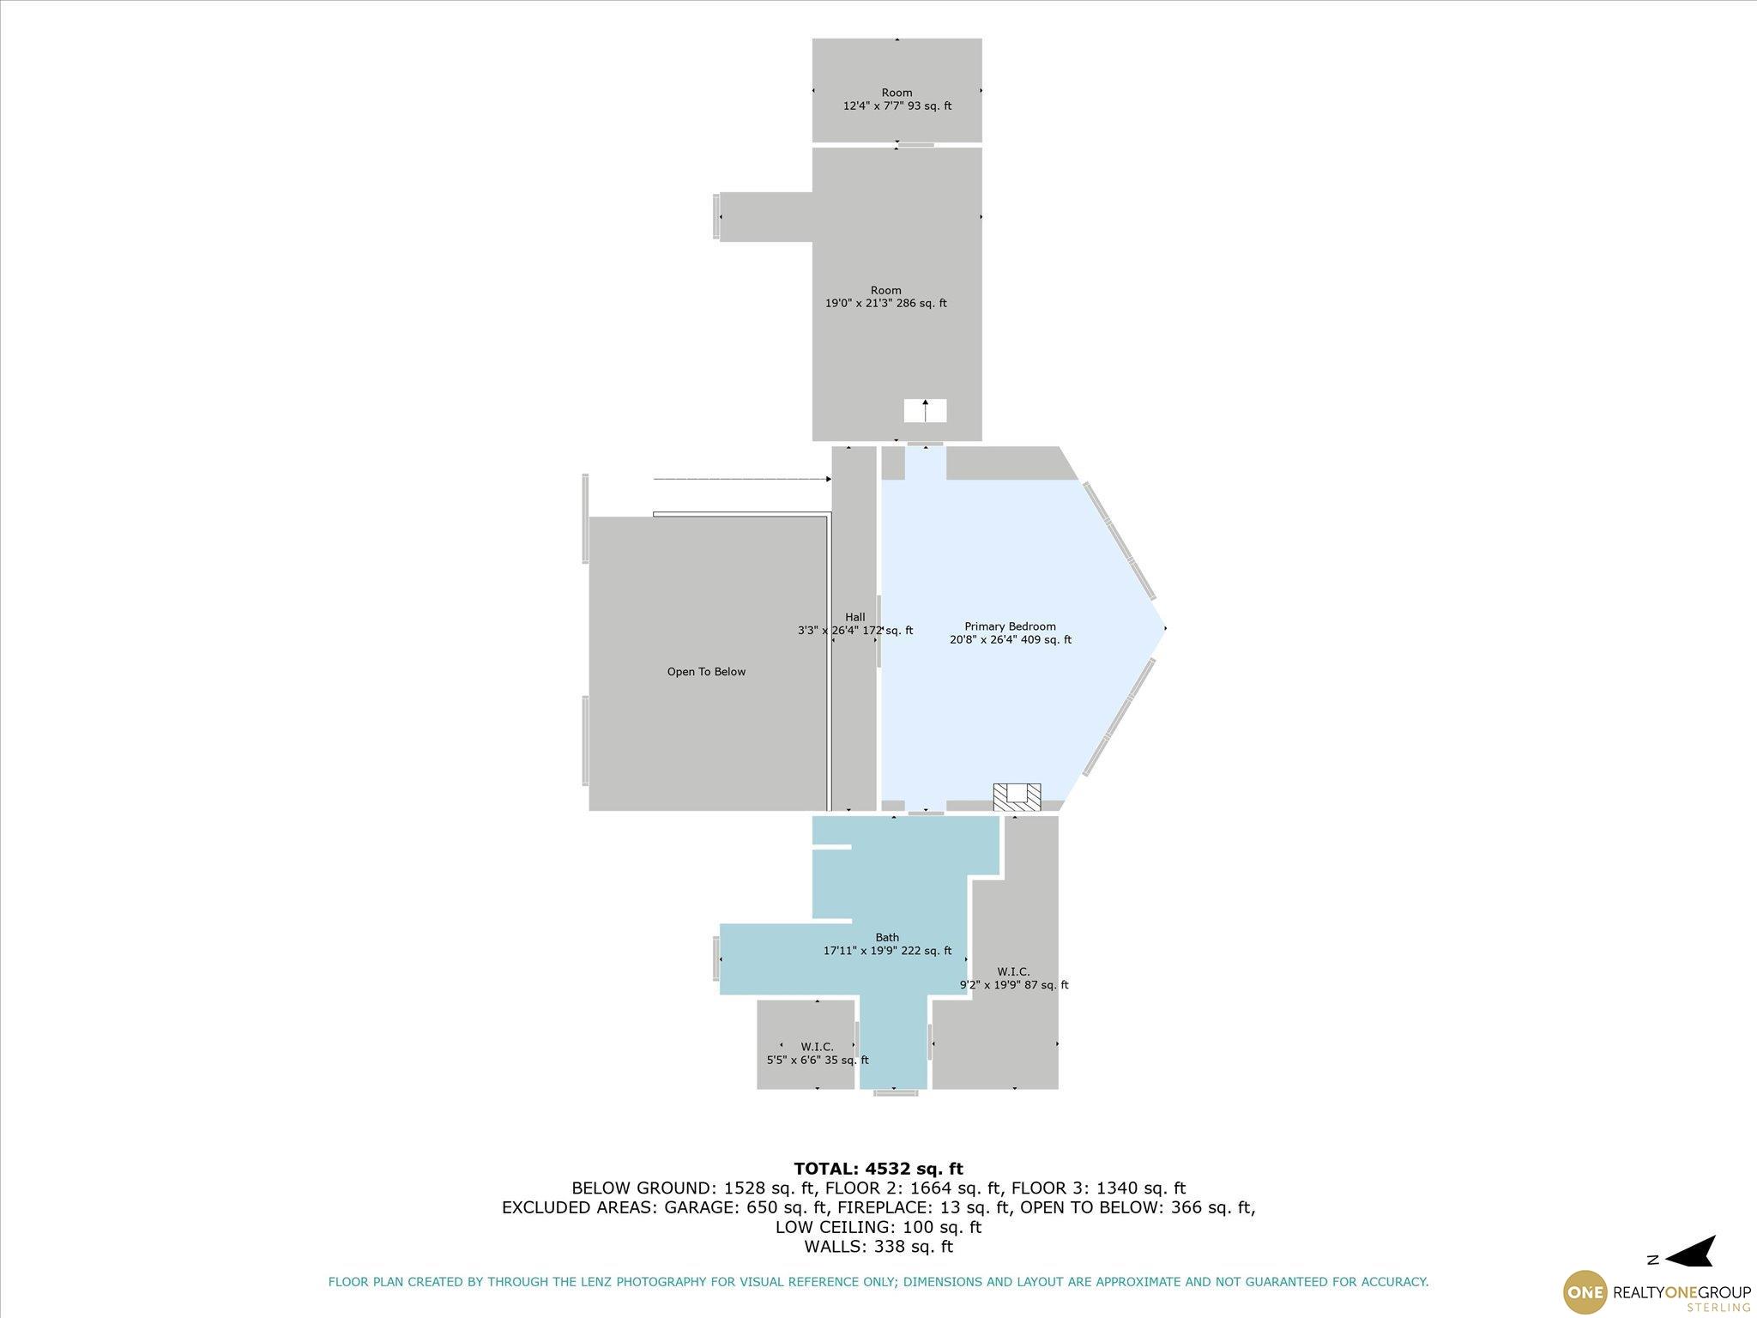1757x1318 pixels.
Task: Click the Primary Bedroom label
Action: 1010,626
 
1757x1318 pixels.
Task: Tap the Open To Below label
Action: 706,672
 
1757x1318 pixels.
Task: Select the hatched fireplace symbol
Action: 1017,797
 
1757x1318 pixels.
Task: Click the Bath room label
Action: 887,937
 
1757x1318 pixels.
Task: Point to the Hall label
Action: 854,617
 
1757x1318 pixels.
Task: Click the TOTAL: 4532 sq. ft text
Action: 878,1169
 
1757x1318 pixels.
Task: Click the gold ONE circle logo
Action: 1585,1291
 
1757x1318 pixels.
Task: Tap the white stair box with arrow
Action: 925,410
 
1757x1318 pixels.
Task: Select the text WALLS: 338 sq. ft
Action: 878,1246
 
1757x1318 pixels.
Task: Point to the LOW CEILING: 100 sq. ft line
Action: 878,1227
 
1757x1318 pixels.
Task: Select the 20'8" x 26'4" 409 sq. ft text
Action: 1010,639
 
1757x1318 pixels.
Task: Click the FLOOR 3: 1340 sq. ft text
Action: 1098,1188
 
